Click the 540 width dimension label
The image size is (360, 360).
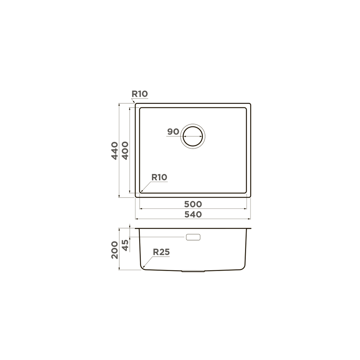coord(193,214)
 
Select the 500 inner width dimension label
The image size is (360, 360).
coord(193,204)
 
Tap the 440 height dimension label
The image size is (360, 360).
coord(114,150)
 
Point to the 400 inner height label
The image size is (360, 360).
coord(125,150)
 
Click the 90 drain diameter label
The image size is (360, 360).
coord(173,132)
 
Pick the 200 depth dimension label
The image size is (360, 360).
coord(114,250)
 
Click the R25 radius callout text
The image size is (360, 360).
coord(161,252)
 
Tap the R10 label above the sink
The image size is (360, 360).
coord(140,94)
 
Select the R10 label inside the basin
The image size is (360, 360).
coord(159,178)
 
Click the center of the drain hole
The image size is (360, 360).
coord(193,135)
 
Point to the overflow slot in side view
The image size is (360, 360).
coord(193,237)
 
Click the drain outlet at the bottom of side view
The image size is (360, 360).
coord(193,271)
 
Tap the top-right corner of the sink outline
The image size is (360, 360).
coord(250,104)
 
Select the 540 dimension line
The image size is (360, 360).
coord(193,219)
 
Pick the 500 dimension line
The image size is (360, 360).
coord(193,208)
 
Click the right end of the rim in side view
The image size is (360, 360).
coord(251,229)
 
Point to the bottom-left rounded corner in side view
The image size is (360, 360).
coord(143,268)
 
